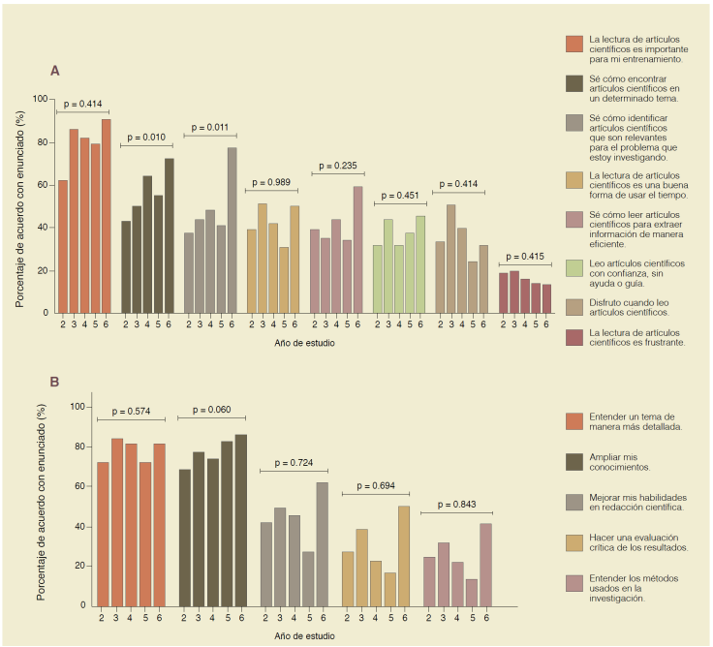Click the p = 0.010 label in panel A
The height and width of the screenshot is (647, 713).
[146, 138]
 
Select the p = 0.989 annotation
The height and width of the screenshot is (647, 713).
[273, 182]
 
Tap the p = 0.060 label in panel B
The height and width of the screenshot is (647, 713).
[211, 410]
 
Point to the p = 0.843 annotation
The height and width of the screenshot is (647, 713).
[458, 505]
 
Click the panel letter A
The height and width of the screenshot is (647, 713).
[55, 71]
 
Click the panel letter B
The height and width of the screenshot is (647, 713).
[55, 382]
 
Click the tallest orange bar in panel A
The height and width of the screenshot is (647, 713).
[106, 215]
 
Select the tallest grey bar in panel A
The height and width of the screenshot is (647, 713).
[232, 230]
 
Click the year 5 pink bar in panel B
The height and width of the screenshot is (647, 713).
[472, 592]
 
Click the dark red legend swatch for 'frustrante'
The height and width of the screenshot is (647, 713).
[574, 337]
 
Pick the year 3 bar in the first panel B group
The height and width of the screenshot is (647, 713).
[117, 522]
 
